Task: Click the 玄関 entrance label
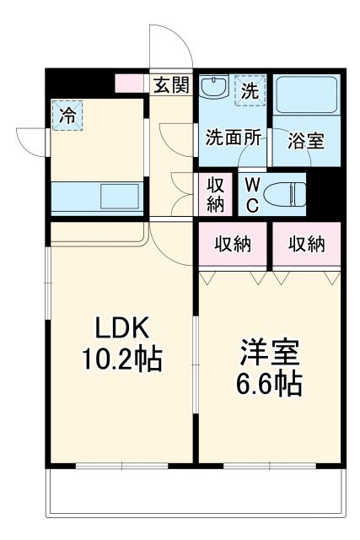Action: coord(172,84)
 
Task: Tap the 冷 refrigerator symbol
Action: coord(66,115)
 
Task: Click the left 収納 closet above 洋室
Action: coord(233,245)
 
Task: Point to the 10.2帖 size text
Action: coord(121,361)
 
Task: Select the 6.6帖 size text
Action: coord(268,385)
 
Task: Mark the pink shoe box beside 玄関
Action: coord(131,84)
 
